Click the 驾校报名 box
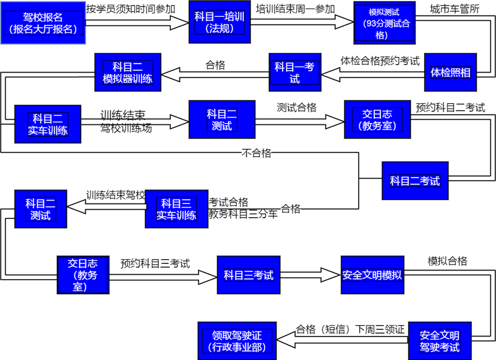43,22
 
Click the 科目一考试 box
294,73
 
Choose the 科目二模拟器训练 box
127,73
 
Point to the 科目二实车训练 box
47,124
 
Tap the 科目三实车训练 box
176,209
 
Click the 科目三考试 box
248,275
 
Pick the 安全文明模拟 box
372,275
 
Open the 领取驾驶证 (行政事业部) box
238,341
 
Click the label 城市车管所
455,9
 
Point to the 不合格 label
256,153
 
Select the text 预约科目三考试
155,263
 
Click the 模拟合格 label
447,261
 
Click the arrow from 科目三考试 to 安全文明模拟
310,275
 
